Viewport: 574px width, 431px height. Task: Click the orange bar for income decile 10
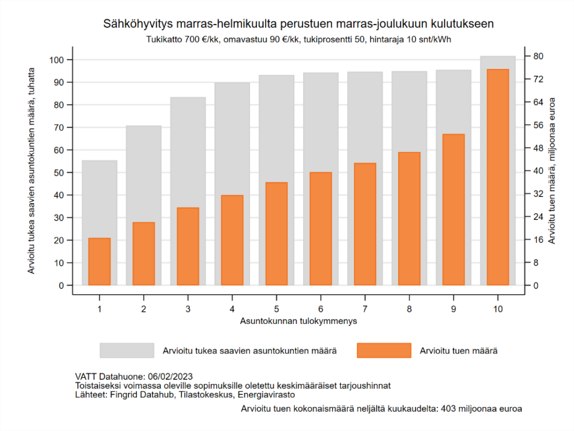pos(498,177)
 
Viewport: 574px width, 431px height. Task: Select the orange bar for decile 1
pos(99,262)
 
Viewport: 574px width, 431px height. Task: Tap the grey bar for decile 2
pos(143,174)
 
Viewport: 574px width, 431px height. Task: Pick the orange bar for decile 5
pos(276,233)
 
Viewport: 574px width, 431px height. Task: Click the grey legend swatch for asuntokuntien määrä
pos(127,351)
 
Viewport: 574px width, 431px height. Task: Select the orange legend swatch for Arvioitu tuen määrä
pos(384,351)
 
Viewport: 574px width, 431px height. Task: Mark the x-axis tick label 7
pos(365,309)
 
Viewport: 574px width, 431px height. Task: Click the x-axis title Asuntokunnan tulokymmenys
pos(299,322)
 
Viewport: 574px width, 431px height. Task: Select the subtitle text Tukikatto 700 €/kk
pos(181,40)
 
